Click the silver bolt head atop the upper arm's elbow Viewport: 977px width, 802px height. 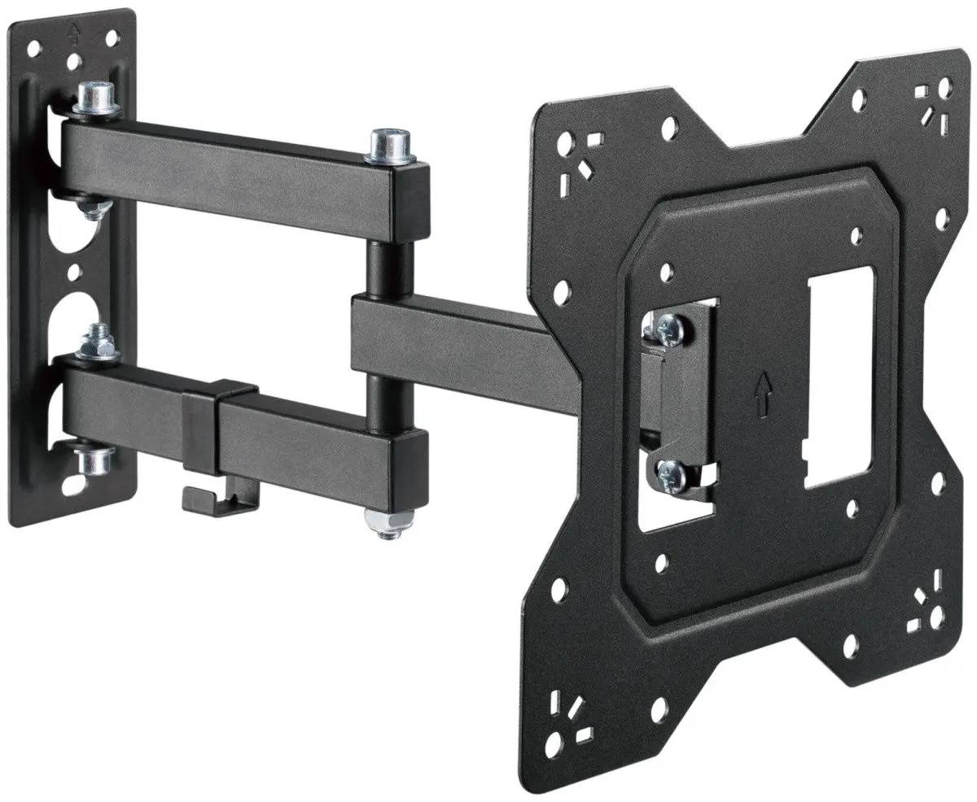point(389,145)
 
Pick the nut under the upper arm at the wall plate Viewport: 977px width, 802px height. point(94,208)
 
